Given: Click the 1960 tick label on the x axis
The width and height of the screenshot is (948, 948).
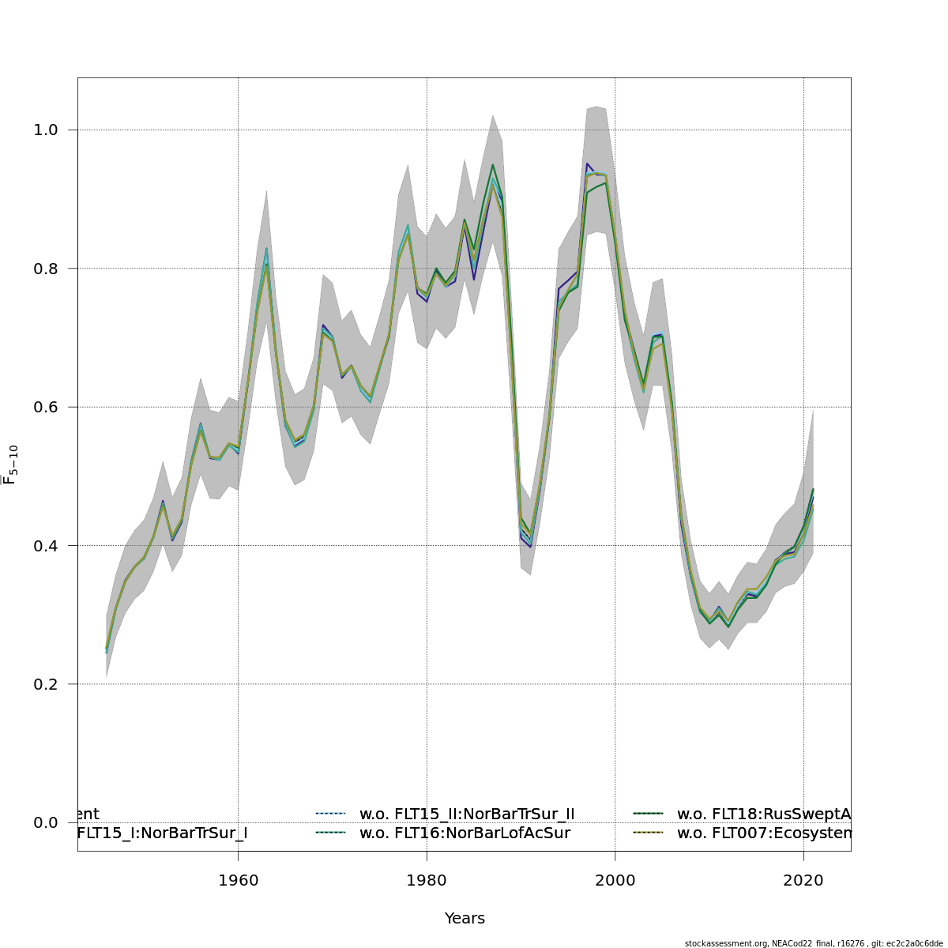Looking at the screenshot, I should point(238,880).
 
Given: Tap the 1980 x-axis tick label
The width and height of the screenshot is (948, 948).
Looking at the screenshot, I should point(427,880).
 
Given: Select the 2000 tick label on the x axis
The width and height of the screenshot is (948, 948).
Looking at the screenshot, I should point(615,880).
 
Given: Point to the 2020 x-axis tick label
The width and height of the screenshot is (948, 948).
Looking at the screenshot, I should point(803,880).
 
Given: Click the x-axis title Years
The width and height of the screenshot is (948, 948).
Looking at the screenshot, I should point(465,919).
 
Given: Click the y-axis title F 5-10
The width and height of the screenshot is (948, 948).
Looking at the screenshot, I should point(11,465).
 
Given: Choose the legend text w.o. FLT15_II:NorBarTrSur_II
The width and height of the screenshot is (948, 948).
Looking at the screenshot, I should point(467,814).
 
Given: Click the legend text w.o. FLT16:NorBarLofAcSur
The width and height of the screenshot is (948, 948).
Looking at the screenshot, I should point(465,833).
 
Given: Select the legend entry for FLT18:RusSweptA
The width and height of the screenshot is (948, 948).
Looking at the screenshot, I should point(763,814).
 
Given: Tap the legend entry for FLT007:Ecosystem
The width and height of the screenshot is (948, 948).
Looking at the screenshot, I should point(763,833).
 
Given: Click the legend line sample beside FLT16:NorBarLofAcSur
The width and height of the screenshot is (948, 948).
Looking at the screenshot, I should point(331,833).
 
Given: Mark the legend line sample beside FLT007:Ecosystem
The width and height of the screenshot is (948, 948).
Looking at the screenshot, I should point(649,833).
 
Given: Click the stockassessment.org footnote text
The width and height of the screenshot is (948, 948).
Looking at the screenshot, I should point(813,943).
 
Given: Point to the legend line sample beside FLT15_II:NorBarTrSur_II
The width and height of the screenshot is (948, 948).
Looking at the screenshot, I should point(331,814).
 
